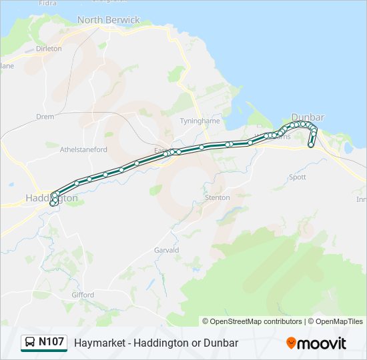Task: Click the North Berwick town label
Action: pyautogui.click(x=108, y=20)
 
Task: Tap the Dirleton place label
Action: pyautogui.click(x=48, y=49)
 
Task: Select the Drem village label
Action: pyautogui.click(x=45, y=116)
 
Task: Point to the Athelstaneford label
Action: pyautogui.click(x=83, y=150)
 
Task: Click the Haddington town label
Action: pyautogui.click(x=51, y=198)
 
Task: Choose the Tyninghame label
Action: pyautogui.click(x=195, y=121)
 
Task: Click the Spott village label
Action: pyautogui.click(x=297, y=177)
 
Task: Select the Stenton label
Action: pyautogui.click(x=218, y=197)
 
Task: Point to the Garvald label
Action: pyautogui.click(x=167, y=250)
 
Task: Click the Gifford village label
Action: pyautogui.click(x=83, y=294)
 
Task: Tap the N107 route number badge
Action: pyautogui.click(x=51, y=342)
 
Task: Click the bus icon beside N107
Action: pyautogui.click(x=30, y=343)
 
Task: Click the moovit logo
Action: pyautogui.click(x=316, y=343)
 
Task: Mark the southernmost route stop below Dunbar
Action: pyautogui.click(x=311, y=145)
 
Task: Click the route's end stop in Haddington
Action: pyautogui.click(x=53, y=204)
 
